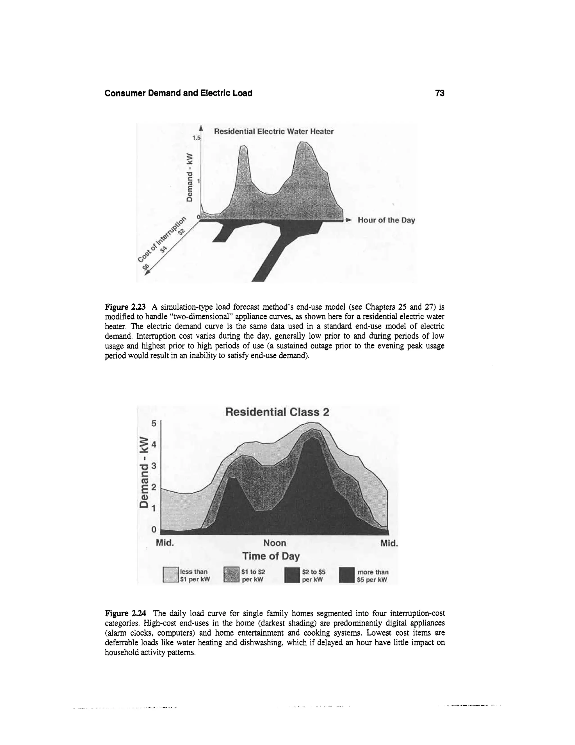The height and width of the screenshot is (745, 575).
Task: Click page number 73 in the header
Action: pyautogui.click(x=439, y=93)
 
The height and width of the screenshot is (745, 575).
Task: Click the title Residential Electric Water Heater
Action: pyautogui.click(x=273, y=131)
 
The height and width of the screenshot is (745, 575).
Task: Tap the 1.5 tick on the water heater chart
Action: pyautogui.click(x=197, y=138)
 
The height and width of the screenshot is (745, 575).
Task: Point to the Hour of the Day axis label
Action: pyautogui.click(x=386, y=220)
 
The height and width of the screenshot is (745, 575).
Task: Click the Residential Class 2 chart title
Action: pyautogui.click(x=277, y=412)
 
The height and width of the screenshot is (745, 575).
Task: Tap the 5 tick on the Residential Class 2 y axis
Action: pyautogui.click(x=154, y=424)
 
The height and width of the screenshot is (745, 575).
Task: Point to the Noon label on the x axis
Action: pyautogui.click(x=275, y=543)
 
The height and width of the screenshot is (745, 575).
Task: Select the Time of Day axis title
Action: pyautogui.click(x=271, y=556)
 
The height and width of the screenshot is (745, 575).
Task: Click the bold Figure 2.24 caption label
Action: pyautogui.click(x=126, y=613)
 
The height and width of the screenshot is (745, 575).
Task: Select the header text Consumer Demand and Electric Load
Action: pyautogui.click(x=178, y=93)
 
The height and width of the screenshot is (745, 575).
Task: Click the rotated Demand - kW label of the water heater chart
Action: pyautogui.click(x=190, y=177)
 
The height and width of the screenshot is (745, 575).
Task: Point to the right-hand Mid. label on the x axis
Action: pyautogui.click(x=389, y=543)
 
